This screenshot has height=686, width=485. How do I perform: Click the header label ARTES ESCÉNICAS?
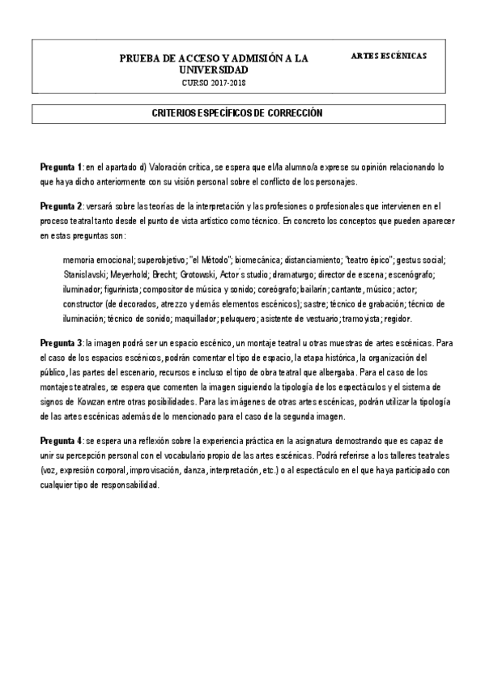click(x=389, y=55)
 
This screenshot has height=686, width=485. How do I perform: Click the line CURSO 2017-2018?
click(x=215, y=83)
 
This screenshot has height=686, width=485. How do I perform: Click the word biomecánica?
click(x=257, y=260)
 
